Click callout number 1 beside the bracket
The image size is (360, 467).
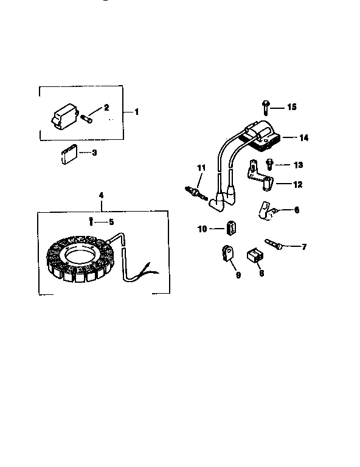tap(137, 112)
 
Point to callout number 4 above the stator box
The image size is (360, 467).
tap(101, 195)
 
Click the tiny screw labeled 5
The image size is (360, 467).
tap(91, 221)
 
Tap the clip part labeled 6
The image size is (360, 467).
tap(265, 209)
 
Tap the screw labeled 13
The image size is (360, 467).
tap(269, 163)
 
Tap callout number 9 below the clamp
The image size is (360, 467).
tap(238, 275)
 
